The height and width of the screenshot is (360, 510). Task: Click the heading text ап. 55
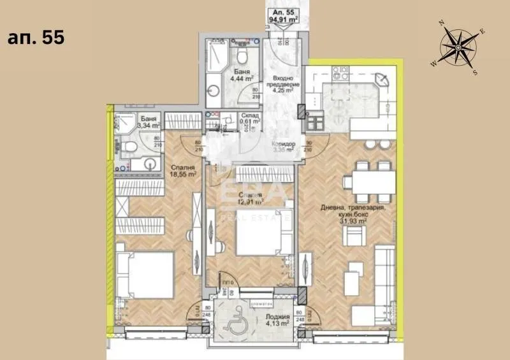(x=36, y=37)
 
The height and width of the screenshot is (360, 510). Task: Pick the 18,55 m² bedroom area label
(x=182, y=171)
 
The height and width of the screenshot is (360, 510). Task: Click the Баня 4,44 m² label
(x=242, y=76)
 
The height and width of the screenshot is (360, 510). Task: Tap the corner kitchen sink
(x=382, y=80)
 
